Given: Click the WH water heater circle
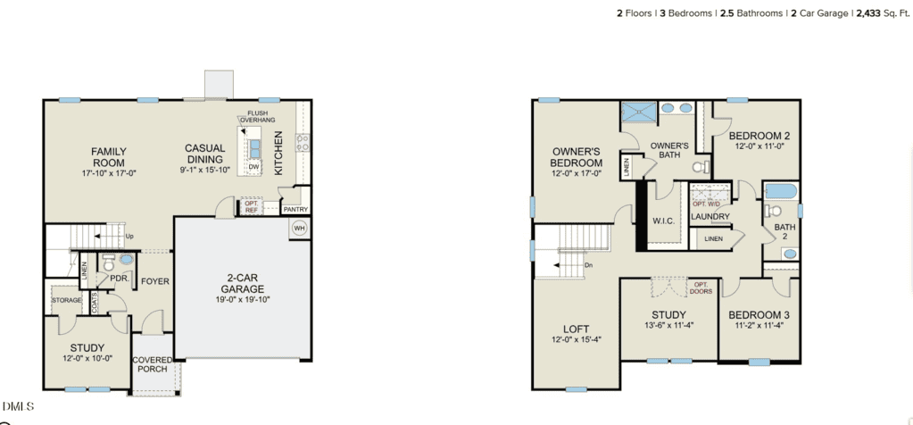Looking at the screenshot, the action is click(299, 228).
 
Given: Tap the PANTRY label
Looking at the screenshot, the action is click(295, 210).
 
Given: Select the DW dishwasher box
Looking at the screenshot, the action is click(253, 166).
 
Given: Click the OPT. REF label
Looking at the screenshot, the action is click(251, 206).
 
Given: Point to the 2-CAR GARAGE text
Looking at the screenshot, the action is click(242, 284).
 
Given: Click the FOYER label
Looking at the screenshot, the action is click(155, 281).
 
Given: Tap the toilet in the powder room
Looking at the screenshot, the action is click(108, 262).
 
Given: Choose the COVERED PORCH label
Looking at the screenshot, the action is click(152, 364).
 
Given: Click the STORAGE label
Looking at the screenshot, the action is click(67, 300).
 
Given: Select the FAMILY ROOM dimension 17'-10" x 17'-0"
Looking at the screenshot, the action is click(109, 173).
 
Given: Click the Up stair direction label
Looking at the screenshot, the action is click(129, 237).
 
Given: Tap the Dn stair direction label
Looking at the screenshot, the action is click(589, 265).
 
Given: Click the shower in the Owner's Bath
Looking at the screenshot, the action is click(638, 112).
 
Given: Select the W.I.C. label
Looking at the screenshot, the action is click(664, 221).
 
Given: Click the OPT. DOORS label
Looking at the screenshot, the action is click(701, 287).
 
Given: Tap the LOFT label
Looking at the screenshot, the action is click(576, 329).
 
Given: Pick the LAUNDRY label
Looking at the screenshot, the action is click(710, 217).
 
